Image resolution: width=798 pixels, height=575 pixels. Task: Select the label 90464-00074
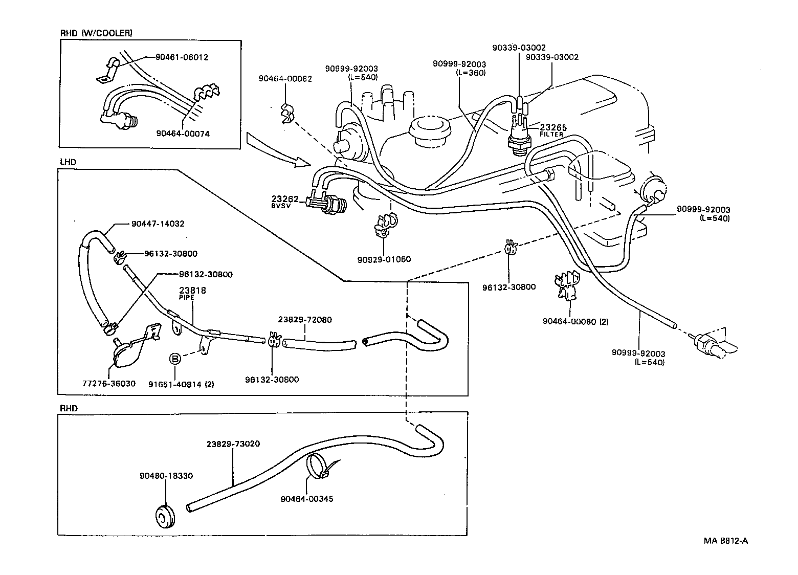[x=183, y=134]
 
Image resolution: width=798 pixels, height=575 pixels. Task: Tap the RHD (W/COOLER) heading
[x=96, y=33]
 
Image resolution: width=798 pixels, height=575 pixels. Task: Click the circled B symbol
[x=175, y=359]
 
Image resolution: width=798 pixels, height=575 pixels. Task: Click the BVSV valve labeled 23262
[x=327, y=202]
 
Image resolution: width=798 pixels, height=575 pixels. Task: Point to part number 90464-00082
[x=285, y=79]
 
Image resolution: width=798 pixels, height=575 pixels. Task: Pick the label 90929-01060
[x=384, y=259]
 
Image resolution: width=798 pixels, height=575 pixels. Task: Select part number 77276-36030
[x=109, y=384]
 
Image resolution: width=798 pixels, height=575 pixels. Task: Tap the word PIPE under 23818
[x=187, y=297]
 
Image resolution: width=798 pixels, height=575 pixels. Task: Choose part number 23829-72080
[x=305, y=320]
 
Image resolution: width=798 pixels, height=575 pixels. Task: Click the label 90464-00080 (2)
[x=575, y=321]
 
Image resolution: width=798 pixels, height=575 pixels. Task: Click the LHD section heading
[x=68, y=162]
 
